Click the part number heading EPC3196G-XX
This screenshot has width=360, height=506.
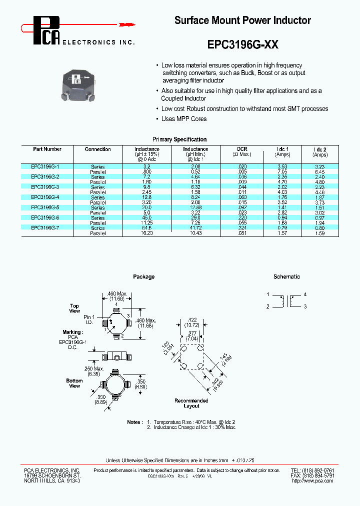pyautogui.click(x=242, y=44)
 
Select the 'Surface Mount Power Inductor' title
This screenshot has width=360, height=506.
pyautogui.click(x=242, y=20)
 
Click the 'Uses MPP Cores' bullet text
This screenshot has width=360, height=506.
pyautogui.click(x=183, y=118)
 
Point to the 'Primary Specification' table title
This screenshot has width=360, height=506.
pyautogui.click(x=179, y=139)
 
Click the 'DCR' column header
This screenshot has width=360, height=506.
pyautogui.click(x=242, y=149)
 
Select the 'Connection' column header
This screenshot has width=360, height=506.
pyautogui.click(x=97, y=149)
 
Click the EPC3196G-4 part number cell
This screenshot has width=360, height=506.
pyautogui.click(x=45, y=197)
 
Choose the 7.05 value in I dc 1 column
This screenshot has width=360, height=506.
pyautogui.click(x=282, y=171)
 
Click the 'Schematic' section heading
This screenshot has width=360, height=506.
pyautogui.click(x=286, y=276)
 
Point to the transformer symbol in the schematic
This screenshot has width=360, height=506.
pyautogui.click(x=287, y=301)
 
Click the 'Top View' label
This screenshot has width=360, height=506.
pyautogui.click(x=74, y=308)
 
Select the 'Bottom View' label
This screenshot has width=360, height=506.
pyautogui.click(x=74, y=383)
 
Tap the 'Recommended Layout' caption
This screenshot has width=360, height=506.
pyautogui.click(x=191, y=403)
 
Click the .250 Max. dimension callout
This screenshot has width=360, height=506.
pyautogui.click(x=96, y=368)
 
